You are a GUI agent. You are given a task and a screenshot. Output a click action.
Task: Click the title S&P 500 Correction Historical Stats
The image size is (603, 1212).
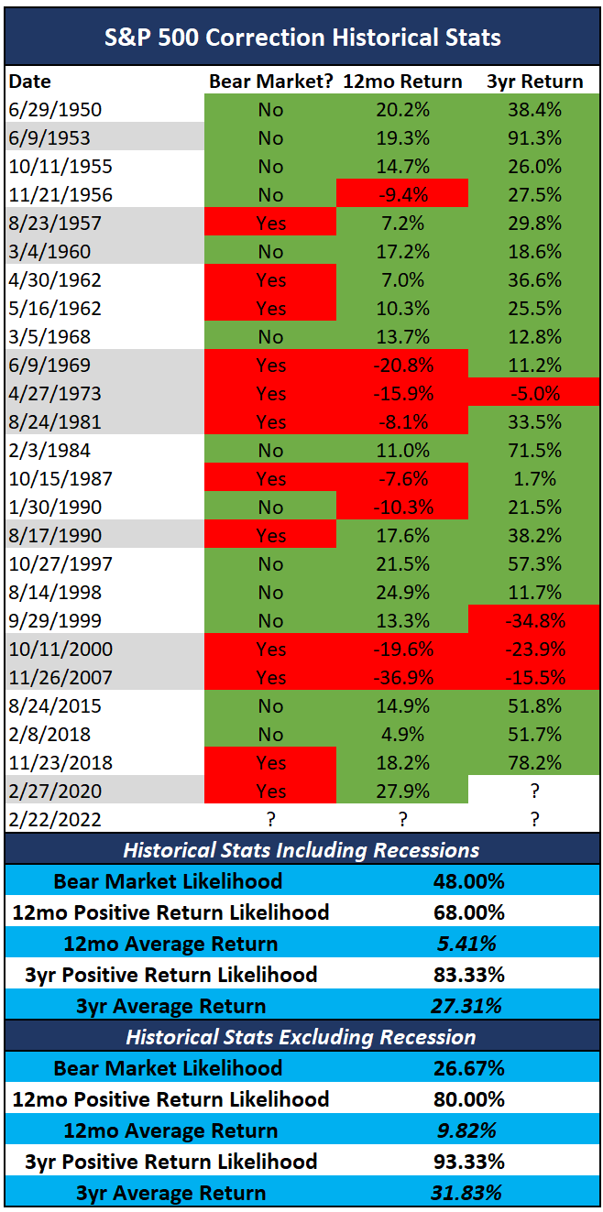click(x=301, y=38)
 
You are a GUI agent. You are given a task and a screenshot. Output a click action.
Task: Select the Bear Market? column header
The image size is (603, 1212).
click(x=271, y=82)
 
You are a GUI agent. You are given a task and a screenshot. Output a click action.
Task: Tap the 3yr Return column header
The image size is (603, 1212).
click(x=534, y=82)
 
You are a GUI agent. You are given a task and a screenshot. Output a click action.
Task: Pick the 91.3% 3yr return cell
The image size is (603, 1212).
click(x=534, y=138)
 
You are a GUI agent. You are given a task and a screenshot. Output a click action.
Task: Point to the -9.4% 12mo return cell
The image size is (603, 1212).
click(x=402, y=195)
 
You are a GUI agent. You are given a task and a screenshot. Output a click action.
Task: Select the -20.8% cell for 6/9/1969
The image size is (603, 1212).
click(x=402, y=366)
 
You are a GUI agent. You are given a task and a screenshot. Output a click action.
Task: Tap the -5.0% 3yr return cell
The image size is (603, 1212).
click(x=534, y=394)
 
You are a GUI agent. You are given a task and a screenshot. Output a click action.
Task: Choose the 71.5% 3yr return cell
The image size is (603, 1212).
click(x=534, y=451)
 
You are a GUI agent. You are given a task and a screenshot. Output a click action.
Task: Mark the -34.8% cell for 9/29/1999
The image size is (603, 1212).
click(x=534, y=621)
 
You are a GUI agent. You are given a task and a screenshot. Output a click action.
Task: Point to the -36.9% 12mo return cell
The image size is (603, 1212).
click(x=402, y=678)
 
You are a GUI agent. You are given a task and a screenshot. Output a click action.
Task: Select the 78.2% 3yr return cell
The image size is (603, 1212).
click(x=534, y=763)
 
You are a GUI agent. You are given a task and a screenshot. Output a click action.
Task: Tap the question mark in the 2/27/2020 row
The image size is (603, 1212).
click(x=534, y=792)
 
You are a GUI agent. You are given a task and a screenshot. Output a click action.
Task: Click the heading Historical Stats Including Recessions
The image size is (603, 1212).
click(x=301, y=850)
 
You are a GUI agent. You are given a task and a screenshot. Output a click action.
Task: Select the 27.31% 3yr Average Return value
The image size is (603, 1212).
click(x=466, y=1006)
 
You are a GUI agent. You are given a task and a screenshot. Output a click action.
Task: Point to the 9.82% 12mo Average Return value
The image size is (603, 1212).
click(x=466, y=1130)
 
